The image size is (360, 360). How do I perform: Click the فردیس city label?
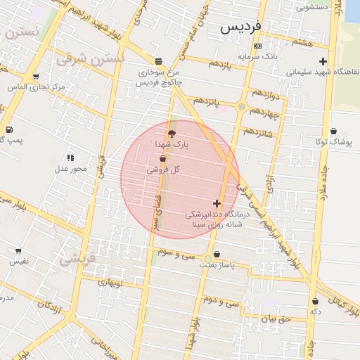pyautogui.click(x=241, y=27)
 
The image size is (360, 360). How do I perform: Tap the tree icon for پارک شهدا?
pyautogui.click(x=172, y=132)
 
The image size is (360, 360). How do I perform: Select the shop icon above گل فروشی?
pyautogui.click(x=163, y=159)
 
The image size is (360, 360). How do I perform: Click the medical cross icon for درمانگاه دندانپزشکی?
pyautogui.click(x=217, y=203)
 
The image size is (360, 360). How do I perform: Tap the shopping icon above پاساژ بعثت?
pyautogui.click(x=216, y=255)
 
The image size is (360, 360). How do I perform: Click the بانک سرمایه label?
pyautogui.click(x=257, y=55)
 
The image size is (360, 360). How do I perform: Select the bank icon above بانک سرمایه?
pyautogui.click(x=257, y=46)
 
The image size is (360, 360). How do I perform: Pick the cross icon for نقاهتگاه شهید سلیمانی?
pyautogui.click(x=323, y=61)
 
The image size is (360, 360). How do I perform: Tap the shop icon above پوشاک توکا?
pyautogui.click(x=333, y=131)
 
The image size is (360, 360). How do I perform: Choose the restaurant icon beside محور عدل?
pyautogui.click(x=70, y=157)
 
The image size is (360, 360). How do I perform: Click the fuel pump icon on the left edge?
pyautogui.click(x=8, y=129)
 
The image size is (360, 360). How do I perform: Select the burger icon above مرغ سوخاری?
pyautogui.click(x=157, y=60)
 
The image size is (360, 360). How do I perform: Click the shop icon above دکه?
pyautogui.click(x=315, y=302)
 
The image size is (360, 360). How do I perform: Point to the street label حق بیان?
pyautogui.click(x=275, y=318)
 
